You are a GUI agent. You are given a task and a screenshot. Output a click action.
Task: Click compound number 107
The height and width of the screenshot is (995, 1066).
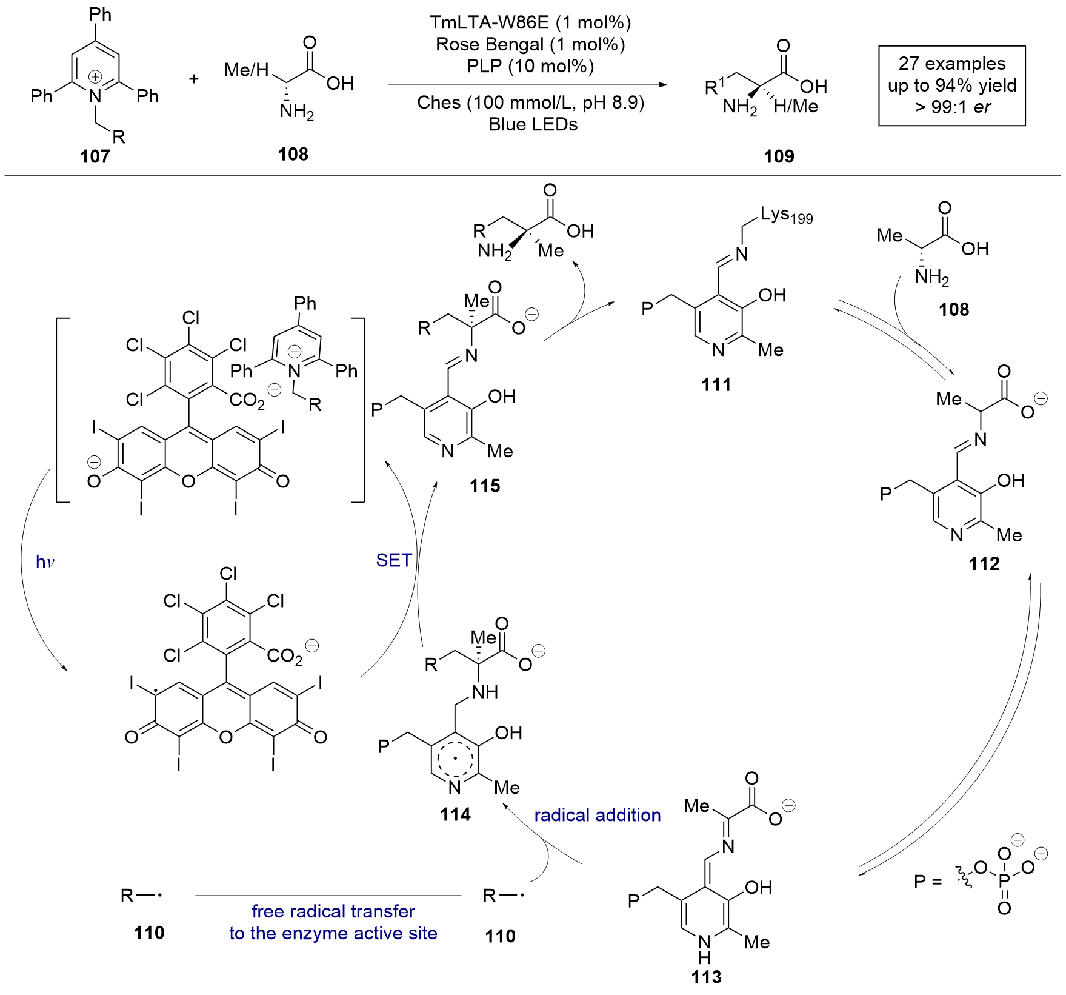pos(95,156)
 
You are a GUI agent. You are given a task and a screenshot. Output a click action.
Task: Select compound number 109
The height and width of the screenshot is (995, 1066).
pos(779,156)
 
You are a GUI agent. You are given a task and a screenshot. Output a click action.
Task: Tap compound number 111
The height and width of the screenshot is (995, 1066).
pos(716,384)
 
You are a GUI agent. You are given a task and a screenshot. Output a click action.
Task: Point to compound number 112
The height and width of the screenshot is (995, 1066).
pos(984,564)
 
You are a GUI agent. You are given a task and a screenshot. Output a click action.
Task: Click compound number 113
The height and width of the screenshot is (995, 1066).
pos(707,977)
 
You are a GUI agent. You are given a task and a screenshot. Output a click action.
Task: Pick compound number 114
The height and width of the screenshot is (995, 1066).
pos(455,814)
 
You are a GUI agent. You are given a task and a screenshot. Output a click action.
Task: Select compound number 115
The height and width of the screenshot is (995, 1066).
pos(485,486)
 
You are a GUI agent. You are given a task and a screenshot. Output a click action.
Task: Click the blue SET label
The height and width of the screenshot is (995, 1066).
pos(394,560)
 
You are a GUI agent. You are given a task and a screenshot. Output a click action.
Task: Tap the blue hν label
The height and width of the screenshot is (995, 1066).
pos(45,562)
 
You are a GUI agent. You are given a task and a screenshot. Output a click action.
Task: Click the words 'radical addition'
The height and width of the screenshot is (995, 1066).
pos(597,815)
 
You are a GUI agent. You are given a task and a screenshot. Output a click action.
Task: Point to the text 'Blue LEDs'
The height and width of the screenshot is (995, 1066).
pos(533,124)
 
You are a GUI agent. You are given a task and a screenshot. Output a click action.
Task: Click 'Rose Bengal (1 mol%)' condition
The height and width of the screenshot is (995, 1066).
pos(530,44)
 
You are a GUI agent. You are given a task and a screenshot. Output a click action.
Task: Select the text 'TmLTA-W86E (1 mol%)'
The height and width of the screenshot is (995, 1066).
pos(530,22)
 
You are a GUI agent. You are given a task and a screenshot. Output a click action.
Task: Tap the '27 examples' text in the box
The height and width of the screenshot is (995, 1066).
pos(951,64)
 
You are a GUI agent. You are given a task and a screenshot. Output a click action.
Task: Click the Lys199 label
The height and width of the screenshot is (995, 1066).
pos(786,215)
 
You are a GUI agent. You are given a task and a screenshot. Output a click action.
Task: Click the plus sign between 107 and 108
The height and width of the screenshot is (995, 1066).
pos(194,79)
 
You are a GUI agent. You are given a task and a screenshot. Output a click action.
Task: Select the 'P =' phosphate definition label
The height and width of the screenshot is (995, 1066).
pos(927,881)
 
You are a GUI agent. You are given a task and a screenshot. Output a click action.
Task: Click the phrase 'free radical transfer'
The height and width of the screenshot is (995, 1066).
pos(333,911)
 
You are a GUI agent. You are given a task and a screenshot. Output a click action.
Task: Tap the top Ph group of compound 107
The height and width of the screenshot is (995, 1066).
pos(101,14)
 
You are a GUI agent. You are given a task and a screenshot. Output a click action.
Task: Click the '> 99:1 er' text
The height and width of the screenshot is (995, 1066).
pos(952,107)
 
